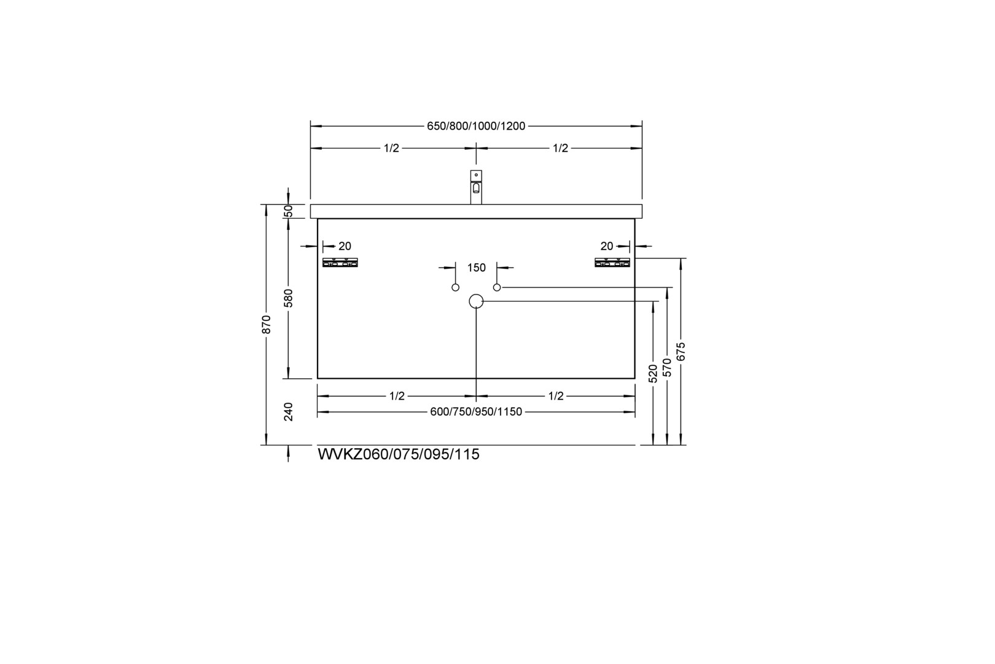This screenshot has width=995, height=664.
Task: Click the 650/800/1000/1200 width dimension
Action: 476,126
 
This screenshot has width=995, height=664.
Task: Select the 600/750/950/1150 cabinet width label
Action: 476,412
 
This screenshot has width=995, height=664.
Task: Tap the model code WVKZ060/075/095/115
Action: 399,454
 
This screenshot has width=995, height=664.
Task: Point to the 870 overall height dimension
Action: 266,324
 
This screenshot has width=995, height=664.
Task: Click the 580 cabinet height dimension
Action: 288,298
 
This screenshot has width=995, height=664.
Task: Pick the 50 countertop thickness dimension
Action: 288,211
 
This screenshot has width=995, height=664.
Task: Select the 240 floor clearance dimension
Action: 288,412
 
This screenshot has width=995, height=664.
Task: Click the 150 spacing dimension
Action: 476,267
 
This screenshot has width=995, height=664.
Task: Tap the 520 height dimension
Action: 652,374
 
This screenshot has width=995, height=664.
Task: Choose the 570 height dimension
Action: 667,368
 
